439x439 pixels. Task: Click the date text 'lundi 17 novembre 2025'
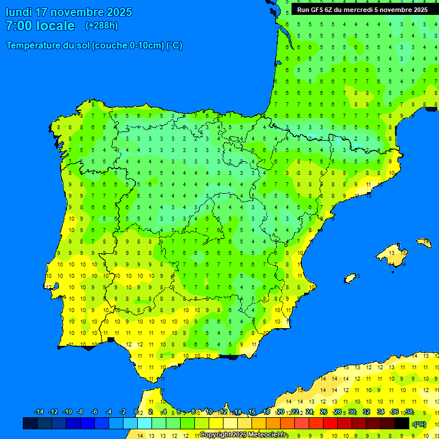(69, 12)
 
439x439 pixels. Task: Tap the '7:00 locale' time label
(40, 26)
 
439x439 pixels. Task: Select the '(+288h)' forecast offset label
(102, 25)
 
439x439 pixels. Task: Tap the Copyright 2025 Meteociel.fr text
(243, 435)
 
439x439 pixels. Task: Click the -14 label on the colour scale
(39, 412)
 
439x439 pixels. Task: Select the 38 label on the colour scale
(409, 412)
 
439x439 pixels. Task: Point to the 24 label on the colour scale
(309, 412)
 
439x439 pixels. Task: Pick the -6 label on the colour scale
(94, 412)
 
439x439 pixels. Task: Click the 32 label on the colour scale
(366, 412)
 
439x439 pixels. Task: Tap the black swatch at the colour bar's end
(402, 424)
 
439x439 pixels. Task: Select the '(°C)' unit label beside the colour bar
(420, 424)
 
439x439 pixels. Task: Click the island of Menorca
(424, 242)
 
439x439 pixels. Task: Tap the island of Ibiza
(350, 278)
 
